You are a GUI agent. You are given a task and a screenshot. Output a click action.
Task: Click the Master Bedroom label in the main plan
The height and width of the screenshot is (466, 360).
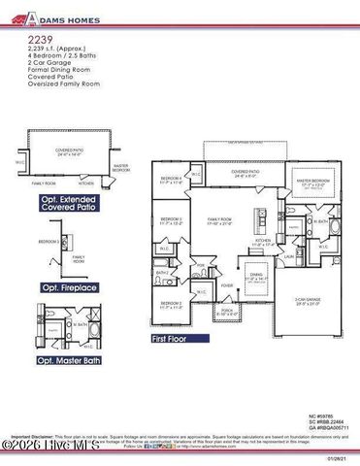pyautogui.click(x=313, y=180)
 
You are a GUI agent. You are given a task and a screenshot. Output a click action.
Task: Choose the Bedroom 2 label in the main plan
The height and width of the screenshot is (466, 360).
pyautogui.click(x=172, y=305)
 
